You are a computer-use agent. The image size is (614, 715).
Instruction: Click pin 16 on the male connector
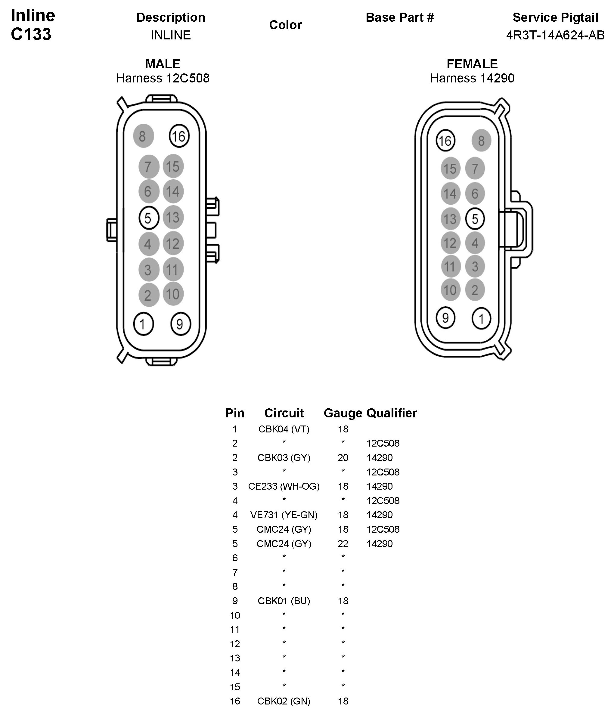tap(179, 136)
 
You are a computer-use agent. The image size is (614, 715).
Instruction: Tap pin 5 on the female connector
tap(475, 219)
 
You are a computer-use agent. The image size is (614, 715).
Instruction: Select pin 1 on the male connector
tap(143, 324)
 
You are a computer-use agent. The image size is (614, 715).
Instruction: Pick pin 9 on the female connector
tap(445, 317)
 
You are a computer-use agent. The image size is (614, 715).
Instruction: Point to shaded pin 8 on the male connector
tap(143, 136)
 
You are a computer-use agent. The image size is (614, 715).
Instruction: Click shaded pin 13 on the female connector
tap(450, 219)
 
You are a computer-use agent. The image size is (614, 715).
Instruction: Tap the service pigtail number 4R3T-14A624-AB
tap(555, 35)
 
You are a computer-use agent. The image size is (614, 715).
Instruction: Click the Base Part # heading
tap(400, 17)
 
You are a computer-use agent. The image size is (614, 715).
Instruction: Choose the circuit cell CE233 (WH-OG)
tap(284, 486)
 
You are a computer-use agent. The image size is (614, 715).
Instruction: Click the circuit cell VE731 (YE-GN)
tap(284, 515)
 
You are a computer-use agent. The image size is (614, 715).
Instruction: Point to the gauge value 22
tap(343, 543)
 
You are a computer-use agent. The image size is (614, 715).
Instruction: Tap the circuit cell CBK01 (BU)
tap(284, 601)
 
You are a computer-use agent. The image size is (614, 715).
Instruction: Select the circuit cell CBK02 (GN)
tap(284, 701)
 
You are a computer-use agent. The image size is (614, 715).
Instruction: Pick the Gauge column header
tap(343, 413)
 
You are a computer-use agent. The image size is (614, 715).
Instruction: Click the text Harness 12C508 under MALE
tap(163, 78)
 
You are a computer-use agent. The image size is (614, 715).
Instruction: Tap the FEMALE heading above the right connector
tap(472, 64)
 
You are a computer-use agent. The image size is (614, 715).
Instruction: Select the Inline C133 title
tap(33, 25)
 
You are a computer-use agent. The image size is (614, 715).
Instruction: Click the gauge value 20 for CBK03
tap(343, 458)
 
